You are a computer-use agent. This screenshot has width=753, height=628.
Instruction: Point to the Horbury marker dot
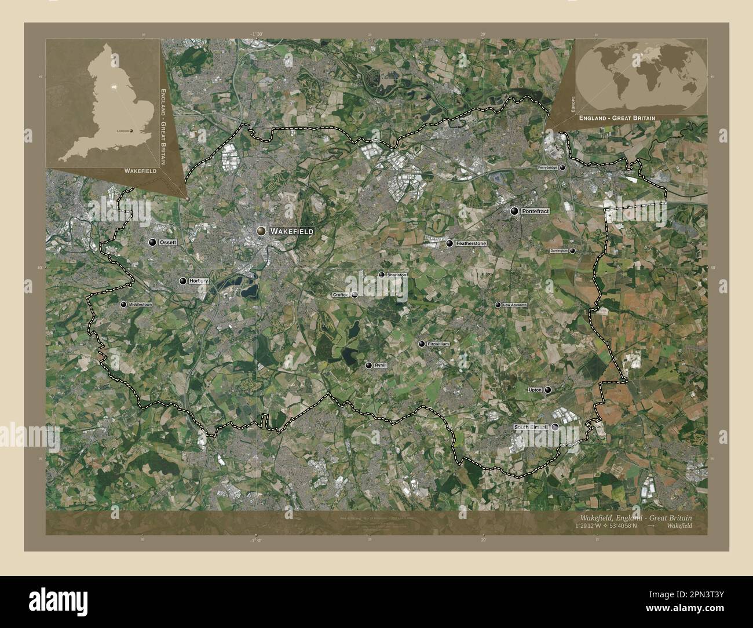point(183,281)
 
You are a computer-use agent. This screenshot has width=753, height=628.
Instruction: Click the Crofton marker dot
point(354,294)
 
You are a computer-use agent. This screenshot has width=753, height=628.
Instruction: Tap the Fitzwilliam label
point(438,344)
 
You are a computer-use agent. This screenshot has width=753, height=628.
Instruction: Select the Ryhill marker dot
point(368,366)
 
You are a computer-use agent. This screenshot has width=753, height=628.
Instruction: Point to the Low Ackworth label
point(514,305)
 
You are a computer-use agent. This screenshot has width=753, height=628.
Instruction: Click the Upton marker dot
point(547,390)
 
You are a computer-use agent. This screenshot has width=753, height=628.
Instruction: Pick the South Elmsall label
point(531,428)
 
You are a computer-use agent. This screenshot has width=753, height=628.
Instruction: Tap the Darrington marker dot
point(572,251)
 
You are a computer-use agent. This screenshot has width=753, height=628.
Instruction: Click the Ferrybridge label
point(547,167)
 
